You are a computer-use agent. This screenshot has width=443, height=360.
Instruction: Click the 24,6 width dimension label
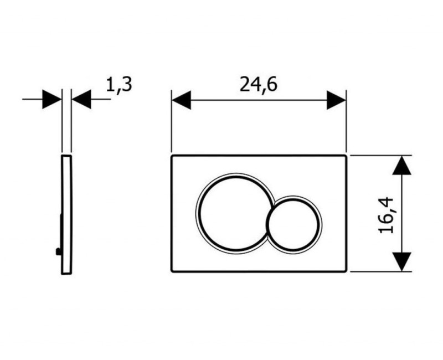(x=259, y=85)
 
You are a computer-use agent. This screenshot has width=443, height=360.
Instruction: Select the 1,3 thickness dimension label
(x=119, y=85)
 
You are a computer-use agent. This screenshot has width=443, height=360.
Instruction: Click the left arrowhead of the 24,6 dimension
(x=181, y=100)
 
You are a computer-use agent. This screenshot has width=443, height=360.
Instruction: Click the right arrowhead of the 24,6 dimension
(x=336, y=100)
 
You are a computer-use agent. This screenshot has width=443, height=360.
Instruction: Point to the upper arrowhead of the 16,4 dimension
(x=402, y=165)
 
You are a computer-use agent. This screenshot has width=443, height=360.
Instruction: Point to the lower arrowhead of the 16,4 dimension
(x=402, y=261)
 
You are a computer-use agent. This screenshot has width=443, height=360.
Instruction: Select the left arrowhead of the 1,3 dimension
(x=52, y=99)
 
